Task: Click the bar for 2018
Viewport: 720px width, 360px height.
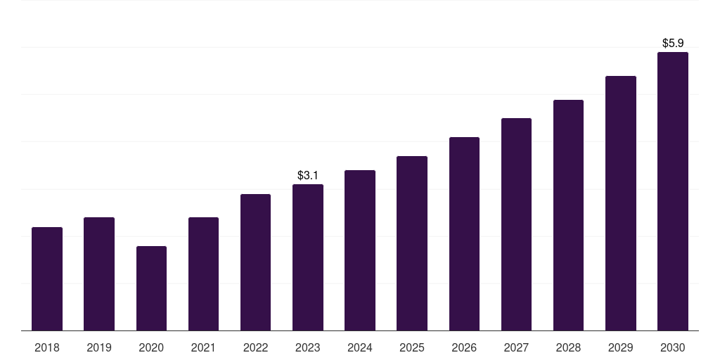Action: [47, 278]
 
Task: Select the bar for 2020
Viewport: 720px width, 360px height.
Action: [152, 288]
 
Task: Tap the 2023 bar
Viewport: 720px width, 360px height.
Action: [308, 257]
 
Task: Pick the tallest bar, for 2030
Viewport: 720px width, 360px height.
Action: [673, 191]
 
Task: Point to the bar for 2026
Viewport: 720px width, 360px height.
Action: [464, 233]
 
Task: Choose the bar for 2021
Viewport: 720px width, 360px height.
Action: [203, 274]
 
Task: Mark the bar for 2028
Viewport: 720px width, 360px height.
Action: [568, 215]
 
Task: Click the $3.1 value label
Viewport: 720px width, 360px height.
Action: [308, 175]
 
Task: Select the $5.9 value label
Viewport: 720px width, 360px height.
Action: [673, 43]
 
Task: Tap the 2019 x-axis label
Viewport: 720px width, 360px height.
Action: [99, 347]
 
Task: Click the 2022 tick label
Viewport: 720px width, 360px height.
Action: [255, 347]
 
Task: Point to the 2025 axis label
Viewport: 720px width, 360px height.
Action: [412, 347]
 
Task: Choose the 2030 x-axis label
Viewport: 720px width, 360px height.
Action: [673, 347]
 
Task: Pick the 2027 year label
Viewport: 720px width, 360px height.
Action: [516, 347]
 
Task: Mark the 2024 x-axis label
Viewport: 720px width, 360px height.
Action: [360, 347]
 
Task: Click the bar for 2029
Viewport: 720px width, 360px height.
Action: [621, 203]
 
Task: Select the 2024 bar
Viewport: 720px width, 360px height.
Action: [360, 250]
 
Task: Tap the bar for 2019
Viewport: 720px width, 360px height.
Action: [99, 274]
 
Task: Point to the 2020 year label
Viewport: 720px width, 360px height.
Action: [152, 347]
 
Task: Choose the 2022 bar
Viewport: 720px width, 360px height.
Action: [255, 262]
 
